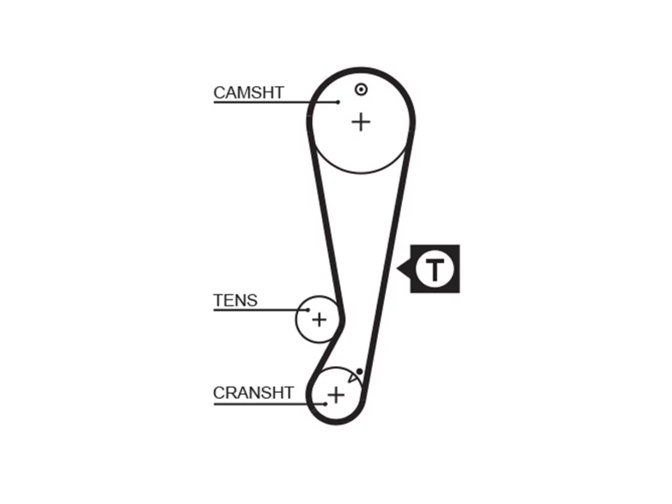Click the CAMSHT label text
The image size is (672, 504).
(249, 92)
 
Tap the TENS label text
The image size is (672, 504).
(235, 300)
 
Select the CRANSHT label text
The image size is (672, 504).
(254, 393)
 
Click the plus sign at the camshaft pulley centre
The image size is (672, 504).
(361, 122)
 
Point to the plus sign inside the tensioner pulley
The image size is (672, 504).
(319, 320)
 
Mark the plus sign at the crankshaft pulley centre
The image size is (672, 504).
(336, 395)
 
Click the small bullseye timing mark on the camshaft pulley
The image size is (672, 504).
(361, 90)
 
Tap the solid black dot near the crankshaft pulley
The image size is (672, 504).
(360, 372)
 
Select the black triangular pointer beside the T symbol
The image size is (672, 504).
(404, 269)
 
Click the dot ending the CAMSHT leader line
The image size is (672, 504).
(338, 102)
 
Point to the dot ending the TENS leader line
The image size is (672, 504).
(308, 310)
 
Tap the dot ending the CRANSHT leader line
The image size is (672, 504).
(325, 404)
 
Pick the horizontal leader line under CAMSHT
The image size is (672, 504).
(276, 102)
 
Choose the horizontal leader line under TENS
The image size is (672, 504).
(260, 310)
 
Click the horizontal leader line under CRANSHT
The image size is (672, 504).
(269, 404)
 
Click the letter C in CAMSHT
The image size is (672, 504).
(219, 92)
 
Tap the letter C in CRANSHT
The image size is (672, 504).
(219, 393)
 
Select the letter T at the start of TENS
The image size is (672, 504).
(218, 300)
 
